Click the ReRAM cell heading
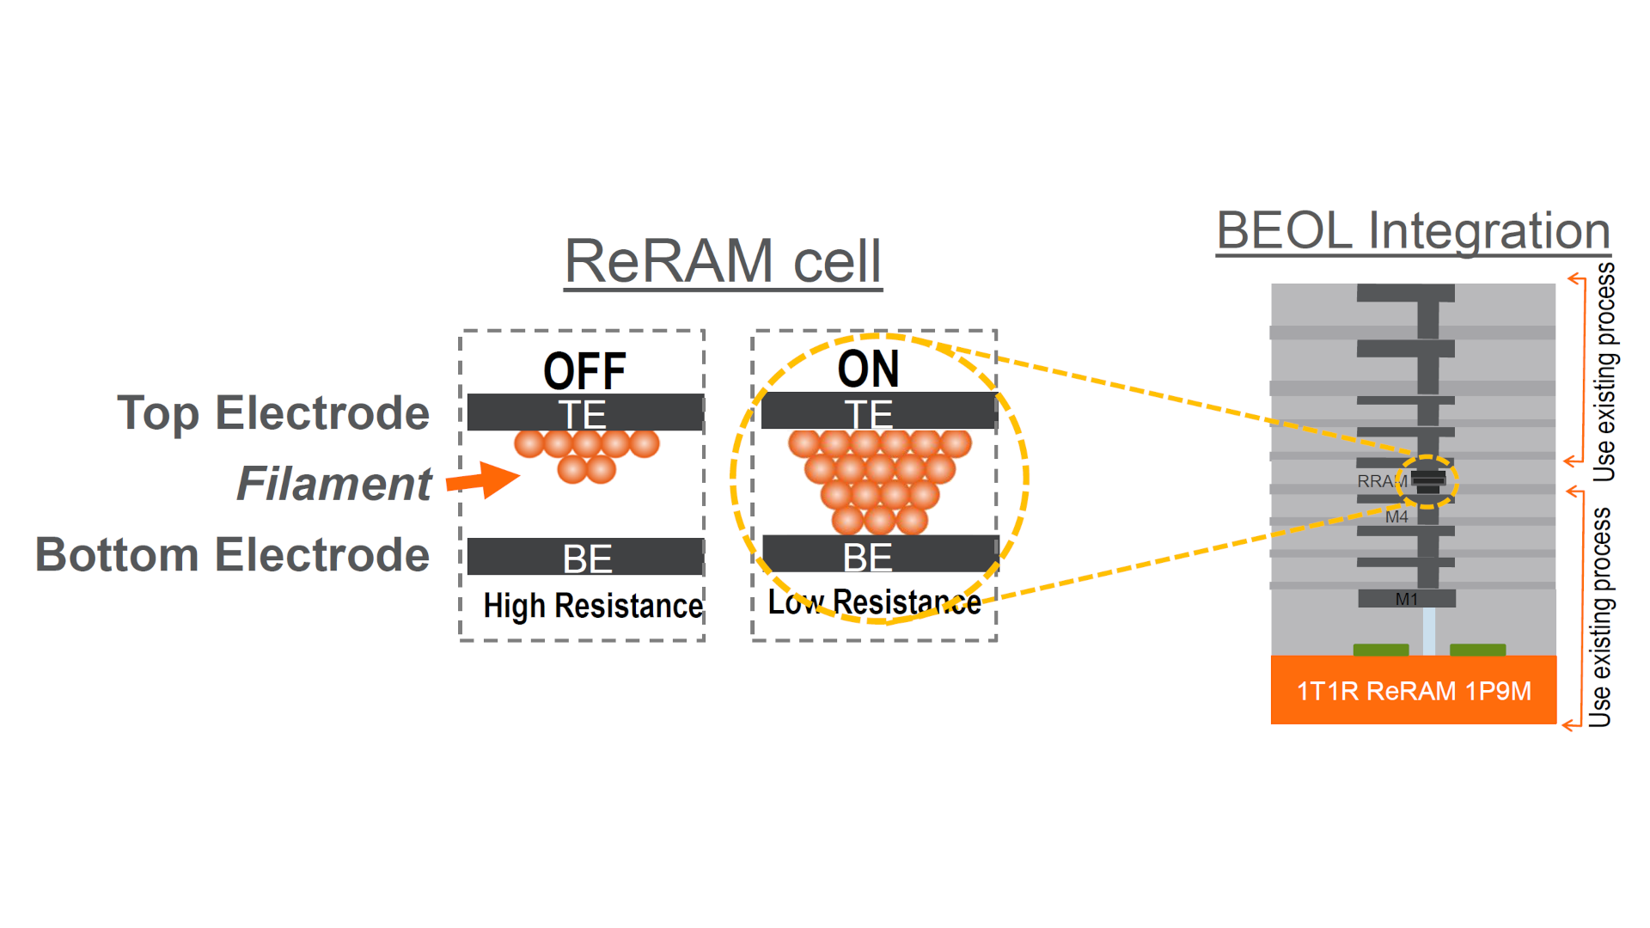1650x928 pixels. click(723, 261)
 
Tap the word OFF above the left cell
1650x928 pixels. click(584, 371)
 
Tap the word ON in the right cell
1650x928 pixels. click(868, 369)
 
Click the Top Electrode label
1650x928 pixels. click(273, 413)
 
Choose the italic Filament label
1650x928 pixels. click(333, 484)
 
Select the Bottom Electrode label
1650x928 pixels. click(232, 555)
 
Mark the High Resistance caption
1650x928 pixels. click(593, 606)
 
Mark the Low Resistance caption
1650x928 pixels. click(874, 602)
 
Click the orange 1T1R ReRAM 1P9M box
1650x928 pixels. click(1413, 691)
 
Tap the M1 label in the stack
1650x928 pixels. click(1406, 599)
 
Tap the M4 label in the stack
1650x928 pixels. click(1396, 517)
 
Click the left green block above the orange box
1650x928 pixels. click(1380, 650)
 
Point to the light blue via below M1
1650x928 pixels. click(1428, 631)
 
